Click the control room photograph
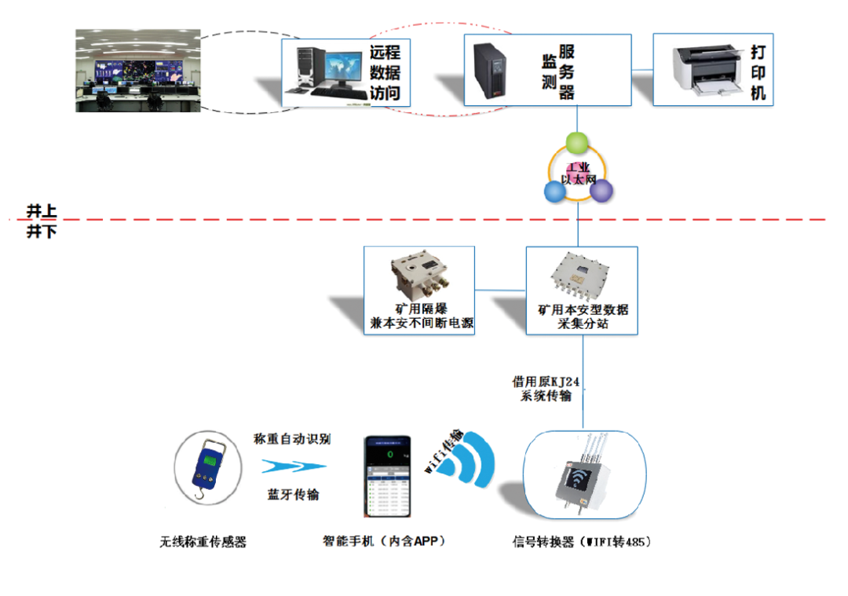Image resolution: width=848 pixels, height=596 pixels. [137, 70]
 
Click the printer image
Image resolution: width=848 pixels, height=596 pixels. [707, 70]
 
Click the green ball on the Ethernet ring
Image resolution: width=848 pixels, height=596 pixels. [577, 143]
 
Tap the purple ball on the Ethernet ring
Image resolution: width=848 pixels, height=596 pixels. [601, 191]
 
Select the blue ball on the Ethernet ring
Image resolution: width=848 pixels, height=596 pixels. [554, 191]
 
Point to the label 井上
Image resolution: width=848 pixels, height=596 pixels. [42, 210]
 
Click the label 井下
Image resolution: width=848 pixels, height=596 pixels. [42, 232]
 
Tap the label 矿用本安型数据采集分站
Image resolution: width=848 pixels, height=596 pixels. [583, 316]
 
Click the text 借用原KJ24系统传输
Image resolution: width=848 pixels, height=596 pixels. [546, 389]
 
